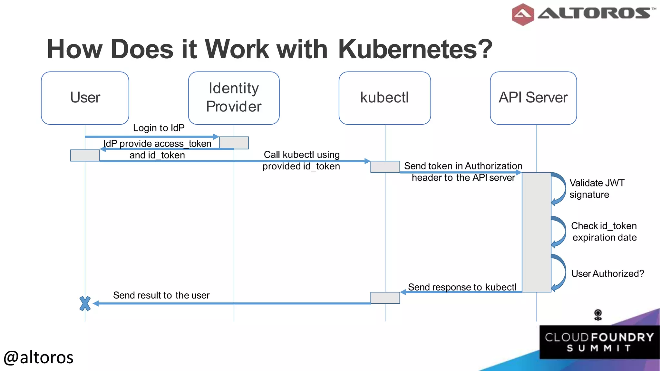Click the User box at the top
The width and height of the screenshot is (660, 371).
85,98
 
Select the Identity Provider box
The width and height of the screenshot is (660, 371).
234,98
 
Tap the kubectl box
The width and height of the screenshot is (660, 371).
384,98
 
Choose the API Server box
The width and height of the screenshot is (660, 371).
533,98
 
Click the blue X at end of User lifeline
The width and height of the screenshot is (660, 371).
85,303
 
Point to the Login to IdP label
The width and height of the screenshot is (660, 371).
159,128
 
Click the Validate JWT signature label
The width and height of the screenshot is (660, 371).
597,189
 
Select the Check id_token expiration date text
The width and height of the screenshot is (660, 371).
604,232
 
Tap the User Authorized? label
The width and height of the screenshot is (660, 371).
607,273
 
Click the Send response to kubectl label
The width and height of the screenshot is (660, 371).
462,287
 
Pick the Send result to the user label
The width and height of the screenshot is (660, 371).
161,295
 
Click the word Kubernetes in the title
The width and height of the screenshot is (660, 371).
415,49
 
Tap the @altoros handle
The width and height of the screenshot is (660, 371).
38,357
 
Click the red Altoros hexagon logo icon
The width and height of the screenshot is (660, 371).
522,14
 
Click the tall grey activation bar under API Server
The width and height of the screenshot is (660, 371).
536,232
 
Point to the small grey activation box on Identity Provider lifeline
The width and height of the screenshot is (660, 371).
234,143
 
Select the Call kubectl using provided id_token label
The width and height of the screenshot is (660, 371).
301,160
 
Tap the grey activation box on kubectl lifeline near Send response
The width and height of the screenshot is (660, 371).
385,298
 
